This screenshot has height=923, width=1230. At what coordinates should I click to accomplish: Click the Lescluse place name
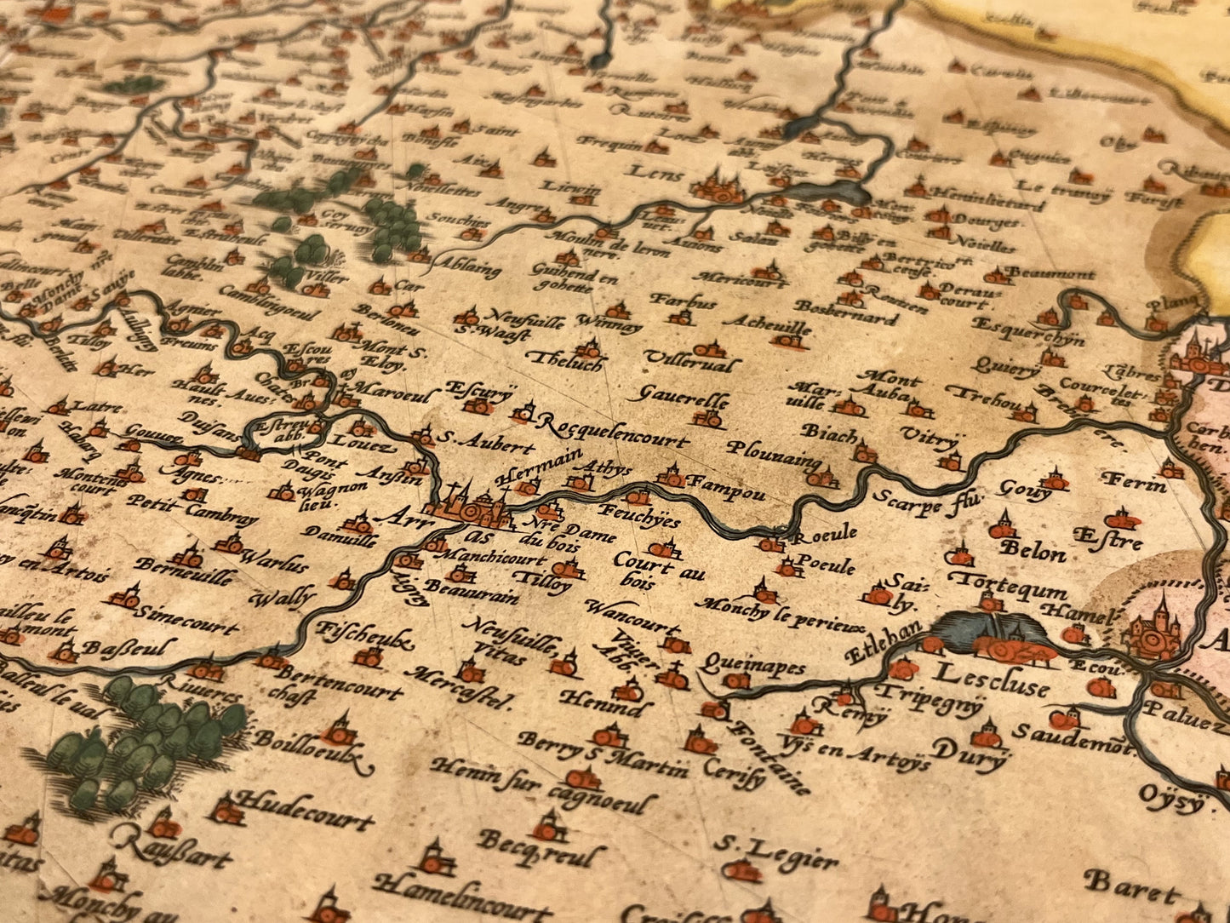[991, 679]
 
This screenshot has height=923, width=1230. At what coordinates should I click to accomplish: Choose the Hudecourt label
[303, 810]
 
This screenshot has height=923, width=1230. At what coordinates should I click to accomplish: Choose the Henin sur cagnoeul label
[544, 785]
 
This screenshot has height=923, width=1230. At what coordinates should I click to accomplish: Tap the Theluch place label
[565, 361]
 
